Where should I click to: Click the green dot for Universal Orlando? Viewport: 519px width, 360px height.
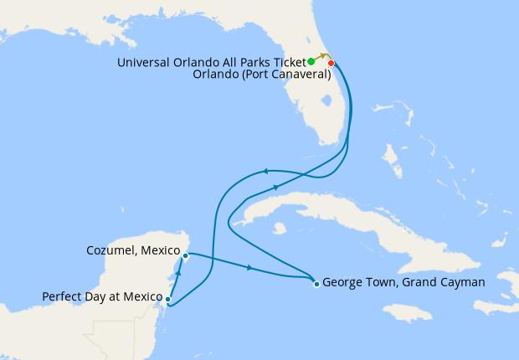[x=311, y=61]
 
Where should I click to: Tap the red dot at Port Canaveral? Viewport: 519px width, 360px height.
[x=331, y=64]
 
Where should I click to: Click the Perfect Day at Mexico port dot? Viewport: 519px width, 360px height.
[x=168, y=299]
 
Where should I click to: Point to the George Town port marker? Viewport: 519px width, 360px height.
[x=316, y=284]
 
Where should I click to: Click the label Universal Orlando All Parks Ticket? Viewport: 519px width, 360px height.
[x=212, y=62]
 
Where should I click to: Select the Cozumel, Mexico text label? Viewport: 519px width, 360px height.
[x=134, y=250]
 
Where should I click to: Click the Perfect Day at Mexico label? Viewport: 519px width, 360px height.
[x=100, y=296]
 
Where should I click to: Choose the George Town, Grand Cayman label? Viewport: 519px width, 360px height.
[x=403, y=283]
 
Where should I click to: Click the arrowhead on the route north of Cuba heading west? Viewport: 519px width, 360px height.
[x=265, y=172]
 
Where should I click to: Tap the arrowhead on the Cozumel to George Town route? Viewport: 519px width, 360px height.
[x=249, y=268]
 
